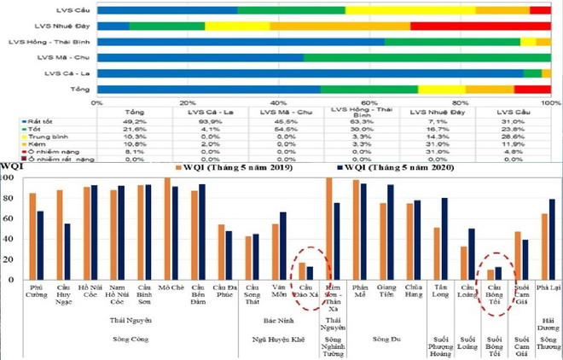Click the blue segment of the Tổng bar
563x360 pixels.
click(x=208, y=89)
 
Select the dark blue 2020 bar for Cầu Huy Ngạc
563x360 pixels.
click(x=67, y=252)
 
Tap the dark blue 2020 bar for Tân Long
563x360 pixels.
click(x=444, y=239)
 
